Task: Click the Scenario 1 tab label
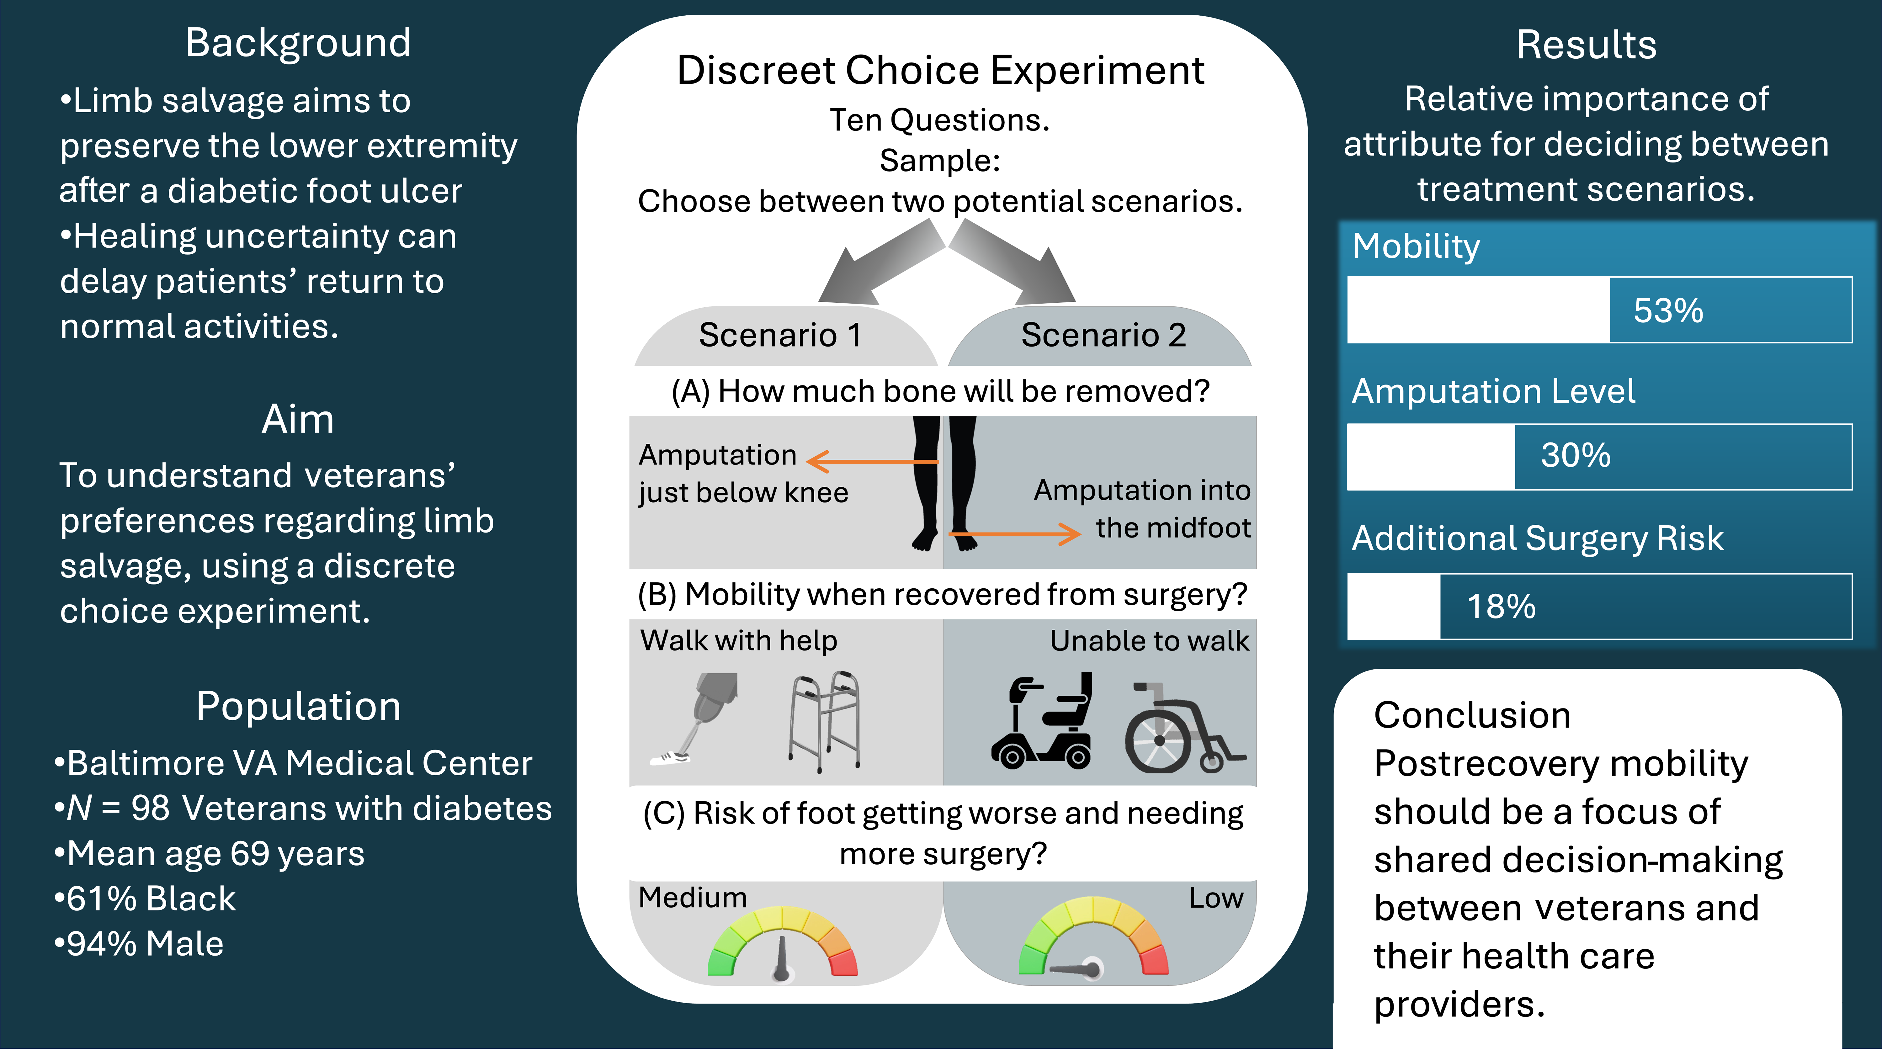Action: pos(780,335)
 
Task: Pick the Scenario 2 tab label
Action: pos(1103,335)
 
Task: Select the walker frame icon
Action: pos(824,721)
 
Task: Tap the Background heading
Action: pos(298,43)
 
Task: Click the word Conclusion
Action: pos(1472,715)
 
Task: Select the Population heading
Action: pos(298,707)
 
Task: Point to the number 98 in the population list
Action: pos(150,808)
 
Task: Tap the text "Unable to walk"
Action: pos(1149,641)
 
